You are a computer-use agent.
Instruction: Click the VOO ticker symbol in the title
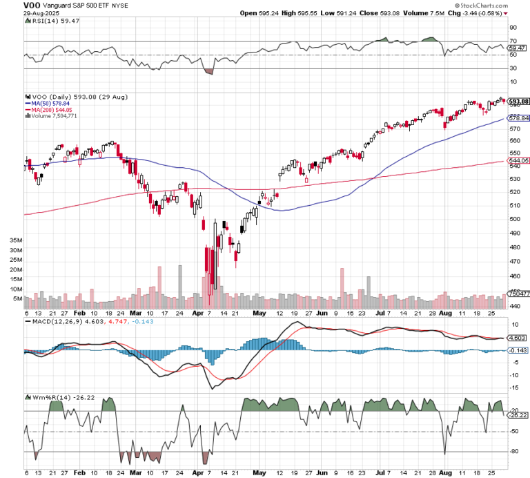[12, 5]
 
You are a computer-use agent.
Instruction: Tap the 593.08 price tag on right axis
[518, 102]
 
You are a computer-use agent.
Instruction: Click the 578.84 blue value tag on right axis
[518, 119]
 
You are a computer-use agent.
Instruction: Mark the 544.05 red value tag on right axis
[518, 160]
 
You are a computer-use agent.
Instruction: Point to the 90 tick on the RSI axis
[513, 28]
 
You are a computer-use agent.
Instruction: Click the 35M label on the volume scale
[16, 240]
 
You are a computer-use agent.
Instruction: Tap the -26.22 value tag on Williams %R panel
[518, 415]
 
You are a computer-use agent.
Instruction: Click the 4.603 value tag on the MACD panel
[518, 338]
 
